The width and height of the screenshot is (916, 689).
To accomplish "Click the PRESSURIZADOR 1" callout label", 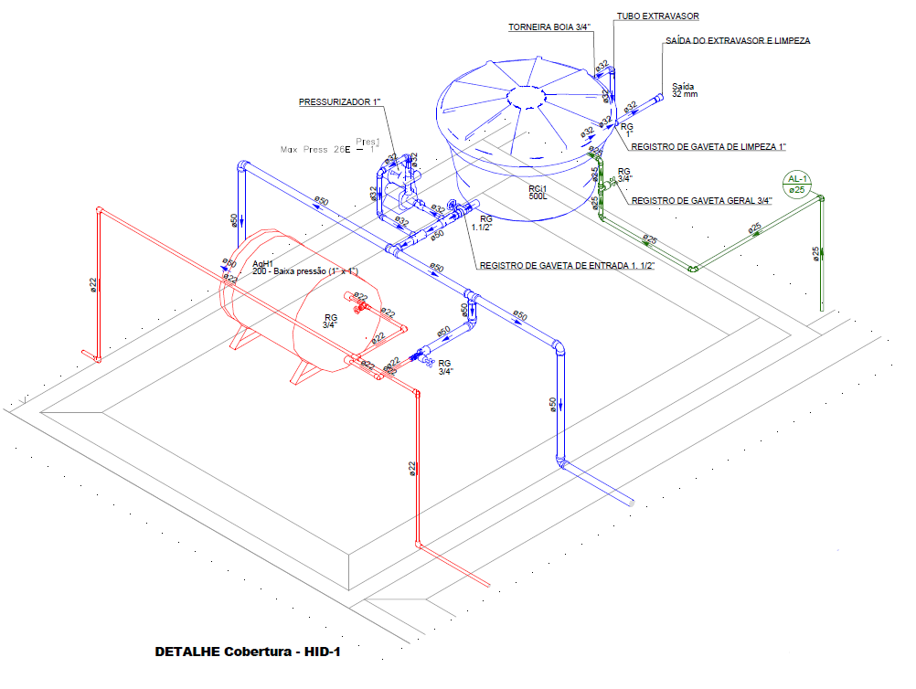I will [339, 103].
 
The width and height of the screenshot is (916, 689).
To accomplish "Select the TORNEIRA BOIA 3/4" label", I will [549, 27].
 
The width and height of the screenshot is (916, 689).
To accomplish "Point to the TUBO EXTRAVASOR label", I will [658, 16].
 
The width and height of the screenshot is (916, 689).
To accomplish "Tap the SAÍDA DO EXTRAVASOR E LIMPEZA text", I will [738, 41].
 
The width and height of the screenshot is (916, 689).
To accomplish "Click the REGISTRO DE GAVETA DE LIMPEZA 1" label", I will [708, 146].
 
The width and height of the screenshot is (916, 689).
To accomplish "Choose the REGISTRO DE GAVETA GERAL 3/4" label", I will [702, 200].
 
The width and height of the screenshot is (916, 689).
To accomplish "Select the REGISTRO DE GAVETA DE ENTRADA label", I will [567, 266].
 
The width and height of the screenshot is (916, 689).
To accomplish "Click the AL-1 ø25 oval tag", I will [797, 184].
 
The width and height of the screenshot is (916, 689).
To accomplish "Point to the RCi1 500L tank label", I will [539, 192].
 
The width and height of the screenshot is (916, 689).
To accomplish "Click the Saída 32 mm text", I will [685, 90].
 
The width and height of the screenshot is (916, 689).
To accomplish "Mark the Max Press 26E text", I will [314, 148].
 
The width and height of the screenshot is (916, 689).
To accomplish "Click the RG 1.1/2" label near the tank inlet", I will [486, 223].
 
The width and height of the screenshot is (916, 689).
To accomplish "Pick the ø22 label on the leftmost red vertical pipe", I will [93, 285].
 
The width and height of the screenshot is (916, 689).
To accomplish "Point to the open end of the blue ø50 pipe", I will [631, 501].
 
